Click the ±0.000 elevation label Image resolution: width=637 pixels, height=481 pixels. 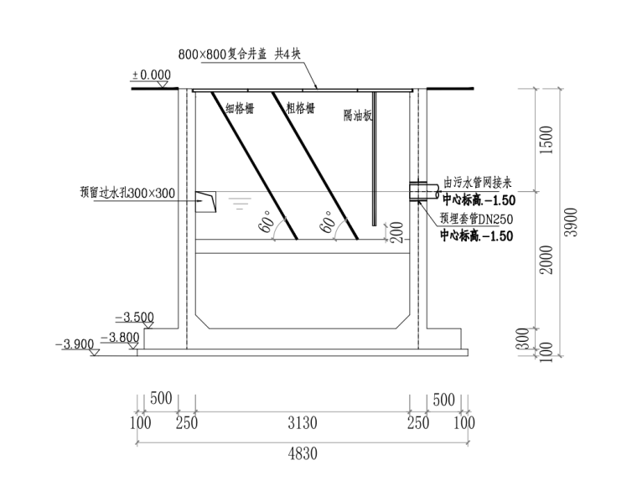[151, 75]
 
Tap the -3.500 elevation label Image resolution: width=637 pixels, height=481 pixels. [135, 317]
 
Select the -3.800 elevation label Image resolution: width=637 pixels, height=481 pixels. [120, 337]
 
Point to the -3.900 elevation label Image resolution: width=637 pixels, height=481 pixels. [75, 344]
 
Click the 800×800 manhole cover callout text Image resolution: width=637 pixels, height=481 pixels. [239, 54]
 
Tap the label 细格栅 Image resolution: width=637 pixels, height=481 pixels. [240, 108]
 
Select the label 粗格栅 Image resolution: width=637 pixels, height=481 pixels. [300, 108]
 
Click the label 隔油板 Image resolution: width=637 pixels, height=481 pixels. [358, 116]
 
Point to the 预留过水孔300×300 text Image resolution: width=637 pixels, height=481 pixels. [127, 193]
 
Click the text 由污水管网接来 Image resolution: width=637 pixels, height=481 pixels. [478, 183]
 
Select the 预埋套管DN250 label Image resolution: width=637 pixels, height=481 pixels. [476, 219]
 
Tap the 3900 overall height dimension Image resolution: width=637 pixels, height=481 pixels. [572, 222]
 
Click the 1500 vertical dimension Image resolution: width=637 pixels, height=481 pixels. [547, 140]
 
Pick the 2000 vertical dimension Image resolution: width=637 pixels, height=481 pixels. [547, 260]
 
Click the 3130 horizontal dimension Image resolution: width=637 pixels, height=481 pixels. [303, 423]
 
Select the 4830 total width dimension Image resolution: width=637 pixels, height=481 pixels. [303, 453]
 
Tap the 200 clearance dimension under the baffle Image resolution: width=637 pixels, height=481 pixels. [397, 232]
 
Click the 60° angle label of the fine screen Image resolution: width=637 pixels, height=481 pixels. [268, 221]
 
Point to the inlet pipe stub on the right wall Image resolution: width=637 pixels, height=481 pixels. [424, 191]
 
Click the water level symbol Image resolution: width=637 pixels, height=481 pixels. [240, 203]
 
